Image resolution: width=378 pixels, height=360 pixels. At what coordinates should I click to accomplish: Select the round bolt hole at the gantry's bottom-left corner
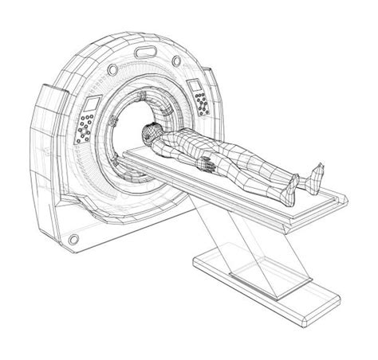(73, 239)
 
